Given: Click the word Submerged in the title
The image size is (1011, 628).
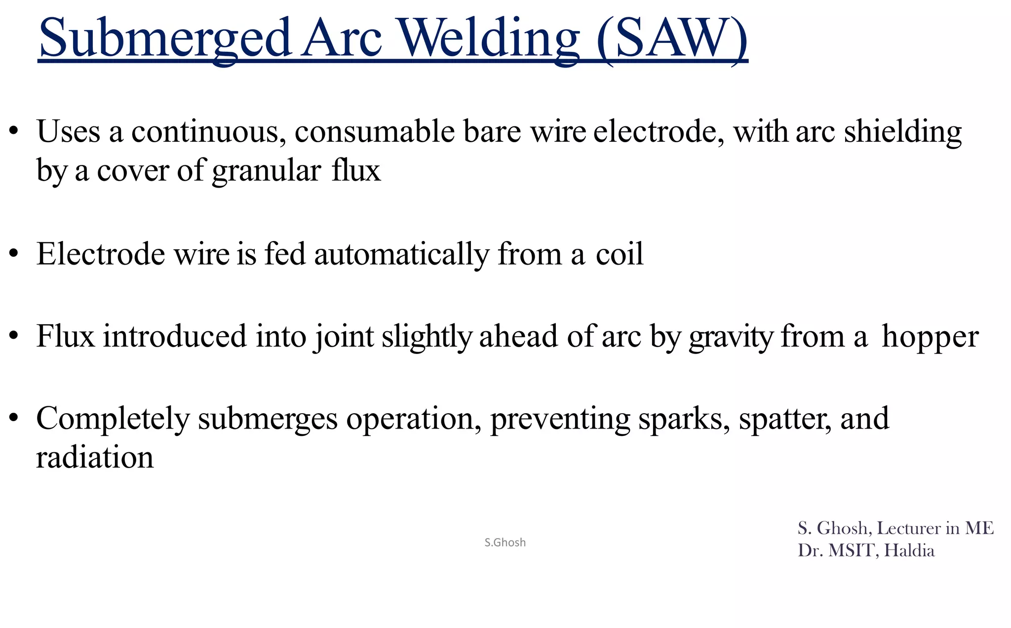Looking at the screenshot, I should [163, 39].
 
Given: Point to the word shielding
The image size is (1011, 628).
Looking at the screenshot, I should [903, 132].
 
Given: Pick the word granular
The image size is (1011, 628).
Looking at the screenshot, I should [267, 171].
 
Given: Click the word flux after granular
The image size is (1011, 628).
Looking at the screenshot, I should [356, 171].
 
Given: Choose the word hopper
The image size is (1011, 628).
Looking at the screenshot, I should [930, 337].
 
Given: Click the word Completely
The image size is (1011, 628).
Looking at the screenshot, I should [113, 419].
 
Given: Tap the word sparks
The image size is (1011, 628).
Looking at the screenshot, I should [684, 419].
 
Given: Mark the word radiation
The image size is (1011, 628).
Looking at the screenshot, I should [95, 458].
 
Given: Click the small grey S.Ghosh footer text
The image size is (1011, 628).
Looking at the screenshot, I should [505, 543].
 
